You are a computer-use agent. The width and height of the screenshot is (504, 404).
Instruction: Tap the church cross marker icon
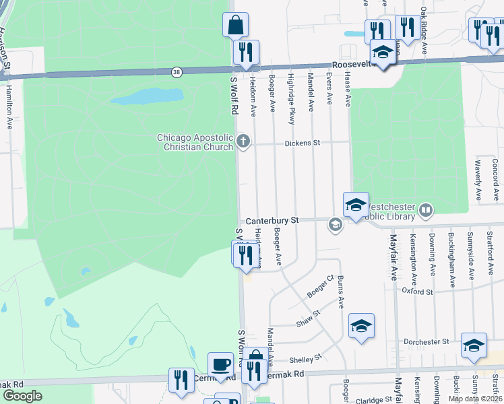pyautogui.click(x=243, y=141)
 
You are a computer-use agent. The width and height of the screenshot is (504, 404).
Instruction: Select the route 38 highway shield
pyautogui.click(x=177, y=71)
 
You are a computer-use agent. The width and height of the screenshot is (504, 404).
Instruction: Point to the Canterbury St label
pyautogui.click(x=272, y=220)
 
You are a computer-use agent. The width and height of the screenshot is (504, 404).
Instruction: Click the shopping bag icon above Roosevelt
pyautogui.click(x=235, y=25)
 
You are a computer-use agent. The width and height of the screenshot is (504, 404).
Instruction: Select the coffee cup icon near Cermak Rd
pyautogui.click(x=220, y=364)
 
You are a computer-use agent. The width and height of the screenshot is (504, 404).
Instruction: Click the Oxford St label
pyautogui.click(x=417, y=292)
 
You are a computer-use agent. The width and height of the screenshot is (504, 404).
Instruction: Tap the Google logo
pyautogui.click(x=22, y=396)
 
